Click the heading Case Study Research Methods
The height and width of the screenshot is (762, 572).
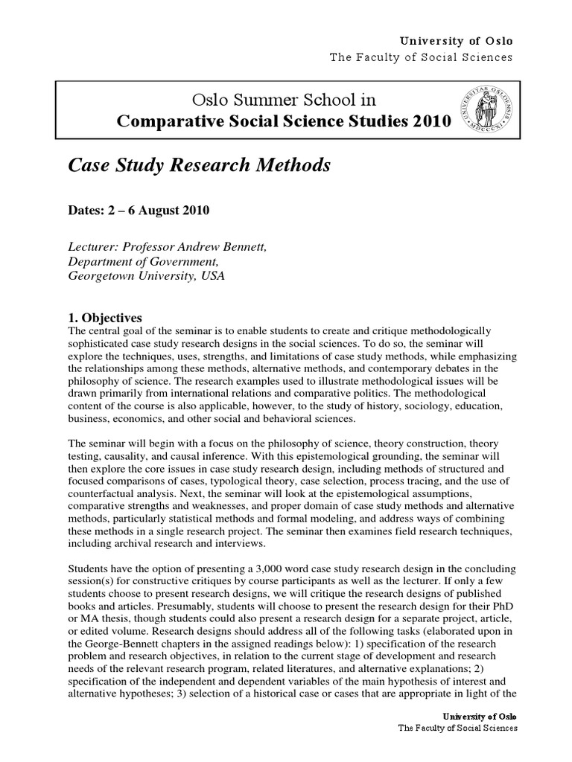click(x=199, y=166)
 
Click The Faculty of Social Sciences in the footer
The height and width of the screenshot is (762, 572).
click(x=458, y=728)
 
